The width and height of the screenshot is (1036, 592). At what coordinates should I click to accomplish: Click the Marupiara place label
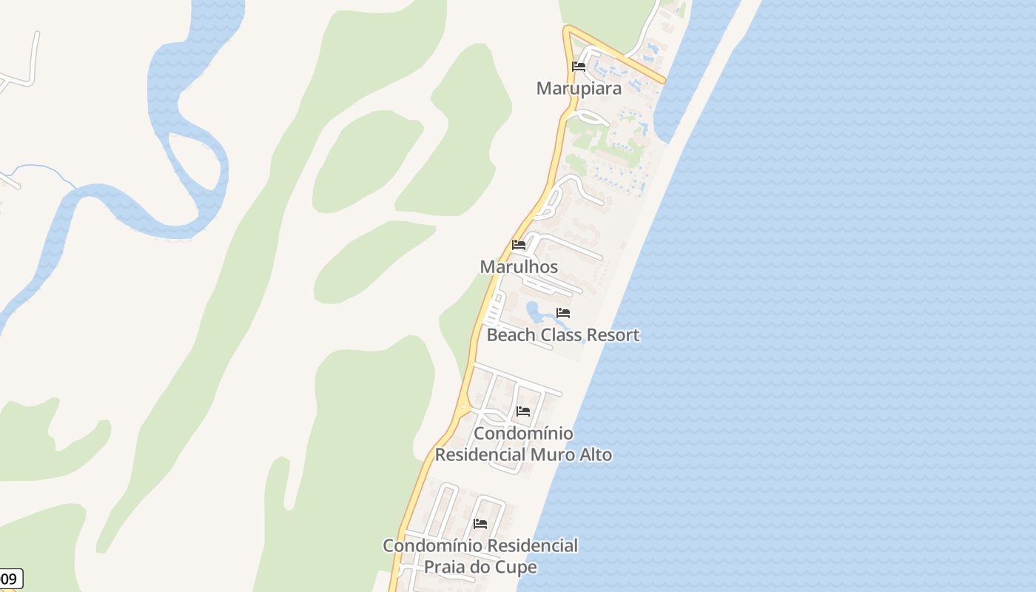pyautogui.click(x=579, y=88)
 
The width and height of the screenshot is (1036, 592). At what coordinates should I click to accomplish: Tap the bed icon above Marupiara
pyautogui.click(x=579, y=67)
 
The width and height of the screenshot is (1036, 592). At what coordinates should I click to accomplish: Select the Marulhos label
pyautogui.click(x=519, y=266)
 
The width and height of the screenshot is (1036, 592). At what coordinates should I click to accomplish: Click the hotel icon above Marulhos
pyautogui.click(x=519, y=245)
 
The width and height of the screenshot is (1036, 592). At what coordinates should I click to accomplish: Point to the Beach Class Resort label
pyautogui.click(x=562, y=334)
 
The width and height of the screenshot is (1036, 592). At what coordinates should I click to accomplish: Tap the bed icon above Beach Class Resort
pyautogui.click(x=563, y=313)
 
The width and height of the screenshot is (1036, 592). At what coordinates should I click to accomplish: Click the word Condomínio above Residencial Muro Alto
pyautogui.click(x=523, y=433)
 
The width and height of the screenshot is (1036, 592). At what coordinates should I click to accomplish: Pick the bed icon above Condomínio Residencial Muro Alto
pyautogui.click(x=523, y=411)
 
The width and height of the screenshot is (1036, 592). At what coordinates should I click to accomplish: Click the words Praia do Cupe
pyautogui.click(x=480, y=567)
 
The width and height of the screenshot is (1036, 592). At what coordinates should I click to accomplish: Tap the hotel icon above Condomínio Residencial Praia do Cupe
pyautogui.click(x=480, y=524)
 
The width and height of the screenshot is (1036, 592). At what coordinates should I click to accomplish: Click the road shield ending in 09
pyautogui.click(x=10, y=579)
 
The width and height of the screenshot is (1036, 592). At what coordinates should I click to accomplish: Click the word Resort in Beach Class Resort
pyautogui.click(x=610, y=334)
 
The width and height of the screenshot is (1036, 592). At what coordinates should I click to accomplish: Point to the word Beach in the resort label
pyautogui.click(x=511, y=334)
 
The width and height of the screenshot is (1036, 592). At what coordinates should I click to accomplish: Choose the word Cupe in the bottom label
pyautogui.click(x=518, y=567)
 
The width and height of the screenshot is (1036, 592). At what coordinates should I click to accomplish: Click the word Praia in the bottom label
pyautogui.click(x=444, y=567)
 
